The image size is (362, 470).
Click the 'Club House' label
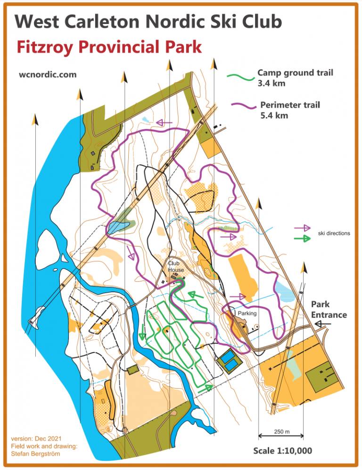(176, 267)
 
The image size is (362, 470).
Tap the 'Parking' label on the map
(247, 313)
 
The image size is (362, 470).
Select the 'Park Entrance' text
(329, 310)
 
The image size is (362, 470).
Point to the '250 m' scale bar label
(281, 431)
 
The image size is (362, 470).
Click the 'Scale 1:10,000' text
(282, 451)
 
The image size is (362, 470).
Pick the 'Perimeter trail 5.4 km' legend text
(289, 110)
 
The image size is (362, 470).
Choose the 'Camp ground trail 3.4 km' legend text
(295, 78)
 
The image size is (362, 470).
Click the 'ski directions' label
(334, 233)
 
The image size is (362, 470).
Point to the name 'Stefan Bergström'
(36, 454)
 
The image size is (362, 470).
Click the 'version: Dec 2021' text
(36, 438)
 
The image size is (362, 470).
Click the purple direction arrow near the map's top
(164, 123)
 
